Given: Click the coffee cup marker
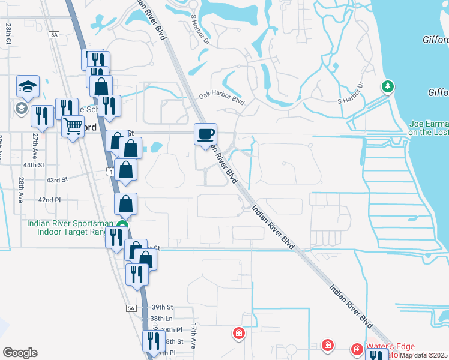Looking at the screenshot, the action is coord(205,134).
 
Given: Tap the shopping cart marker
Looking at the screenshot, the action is coord(73,127).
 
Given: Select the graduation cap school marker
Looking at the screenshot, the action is coord(28,86).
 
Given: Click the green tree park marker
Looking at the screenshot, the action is coord(388,87).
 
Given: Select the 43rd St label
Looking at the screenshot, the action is coord(58,180).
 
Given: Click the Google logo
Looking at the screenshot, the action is coord(20,353).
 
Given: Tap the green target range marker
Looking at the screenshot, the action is coord(122,226).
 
